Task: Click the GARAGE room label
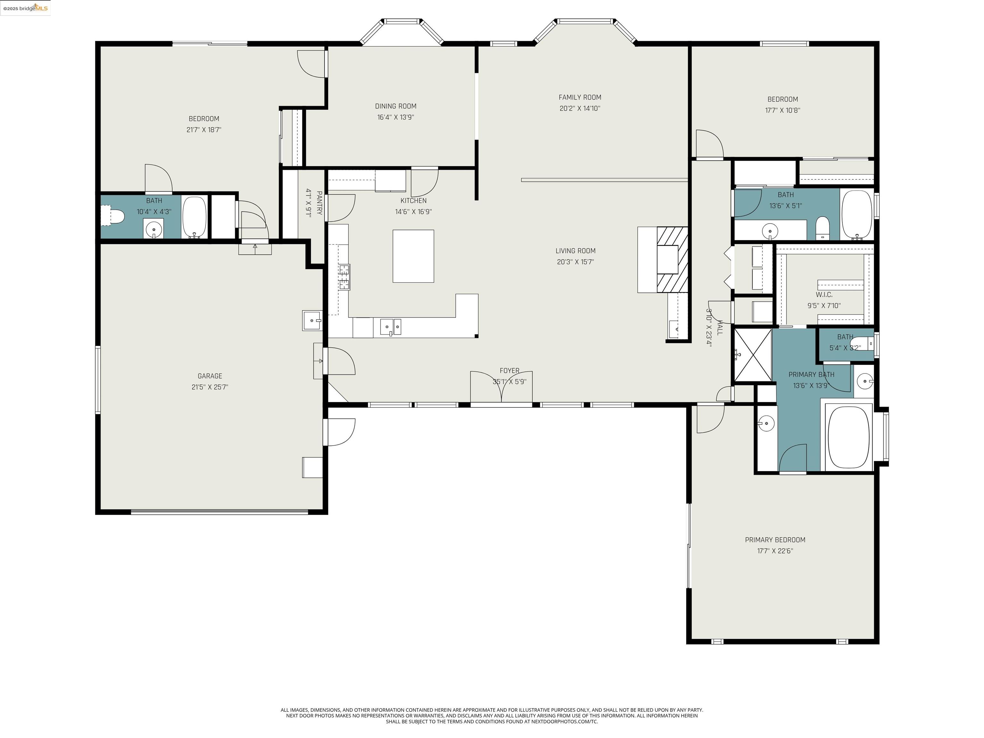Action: [x=209, y=376]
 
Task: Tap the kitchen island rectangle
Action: [x=413, y=256]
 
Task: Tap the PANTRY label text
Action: [x=319, y=203]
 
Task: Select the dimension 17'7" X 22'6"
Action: [x=775, y=551]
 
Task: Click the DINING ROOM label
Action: [x=396, y=106]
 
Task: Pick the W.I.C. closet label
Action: [x=824, y=294]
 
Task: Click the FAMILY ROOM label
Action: [x=580, y=97]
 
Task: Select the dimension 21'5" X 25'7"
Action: [x=209, y=387]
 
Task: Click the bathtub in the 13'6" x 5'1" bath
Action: [x=857, y=214]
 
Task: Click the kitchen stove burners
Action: [x=344, y=277]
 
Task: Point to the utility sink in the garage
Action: [x=312, y=320]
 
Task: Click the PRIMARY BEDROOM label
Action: [x=775, y=540]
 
